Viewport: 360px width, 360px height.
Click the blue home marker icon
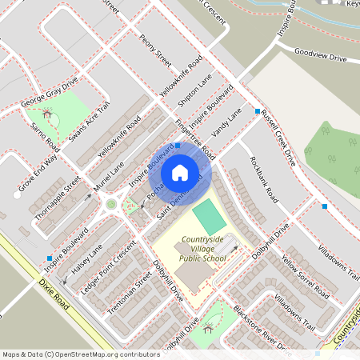tap(180, 172)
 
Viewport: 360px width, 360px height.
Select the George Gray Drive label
tap(50, 93)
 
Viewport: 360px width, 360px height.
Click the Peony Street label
tap(155, 51)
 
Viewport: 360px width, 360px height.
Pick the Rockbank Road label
tap(263, 178)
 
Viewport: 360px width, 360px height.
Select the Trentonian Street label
tap(132, 290)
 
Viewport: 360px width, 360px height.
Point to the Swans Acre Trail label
tap(89, 122)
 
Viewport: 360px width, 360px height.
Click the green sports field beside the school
tap(207, 217)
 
